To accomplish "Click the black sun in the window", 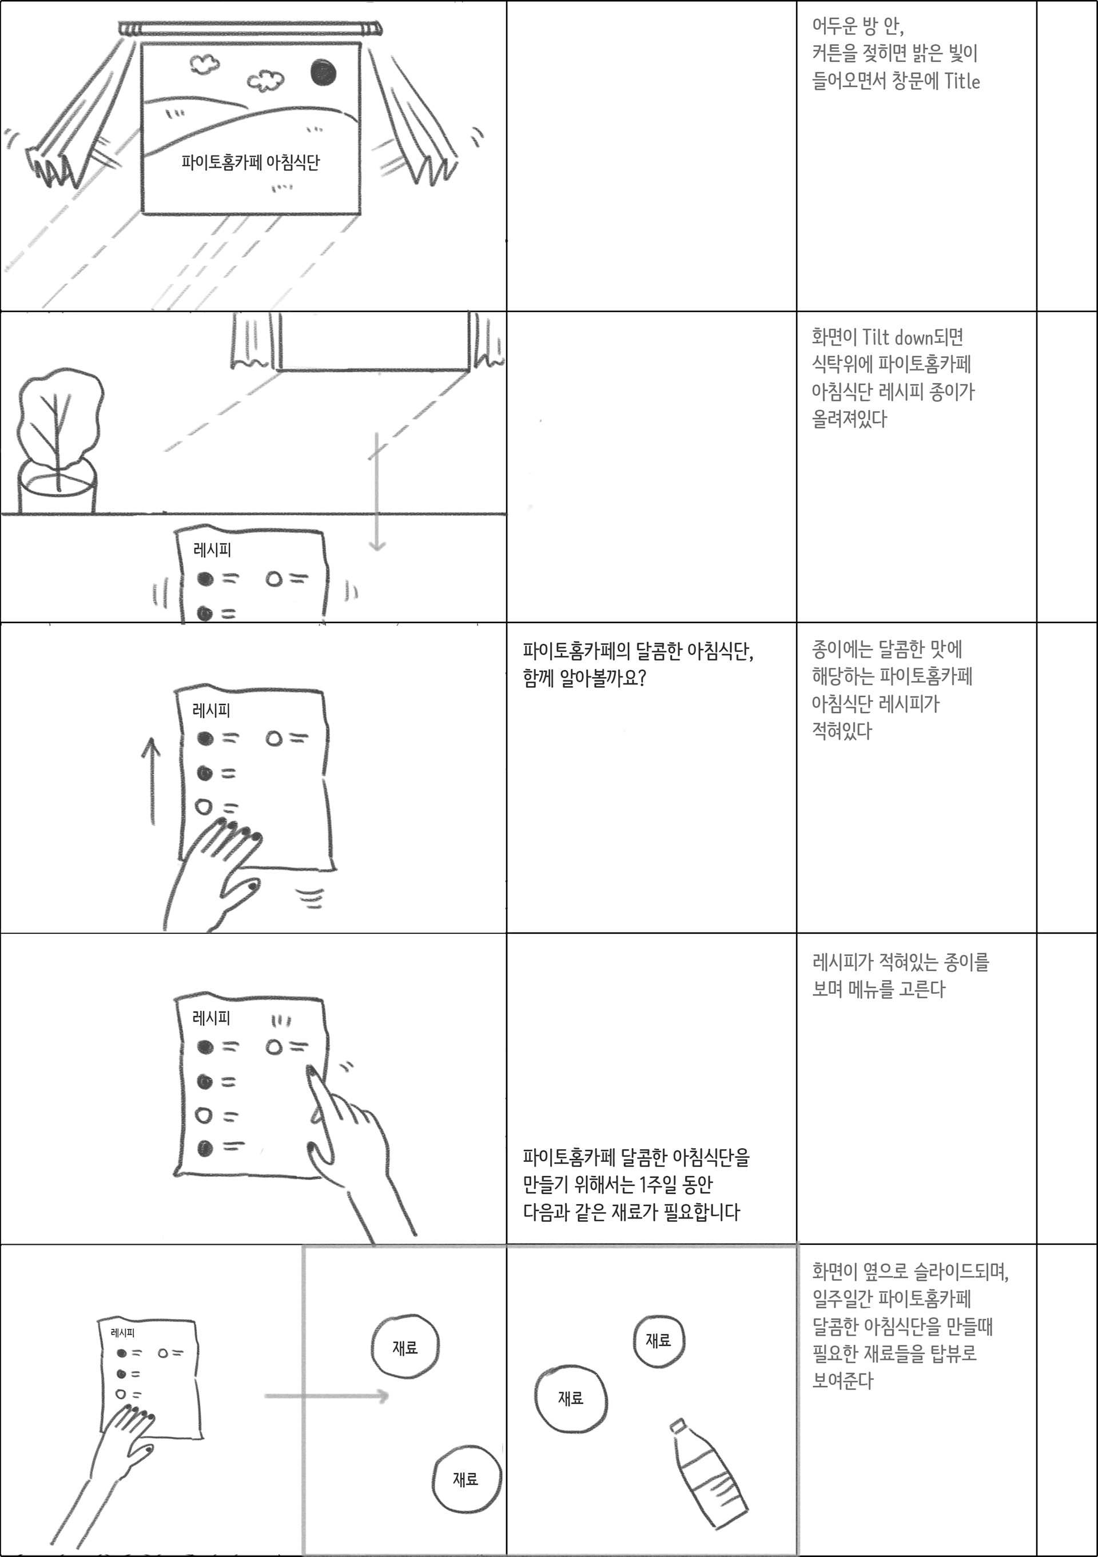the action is tap(324, 73).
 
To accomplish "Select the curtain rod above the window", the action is tap(250, 29).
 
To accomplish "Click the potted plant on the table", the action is tap(58, 441).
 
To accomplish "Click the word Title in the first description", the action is tap(962, 81).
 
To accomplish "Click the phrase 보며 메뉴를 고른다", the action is tap(878, 989).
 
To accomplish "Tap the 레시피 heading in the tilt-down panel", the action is tap(212, 550).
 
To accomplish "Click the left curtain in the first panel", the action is tap(74, 122).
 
